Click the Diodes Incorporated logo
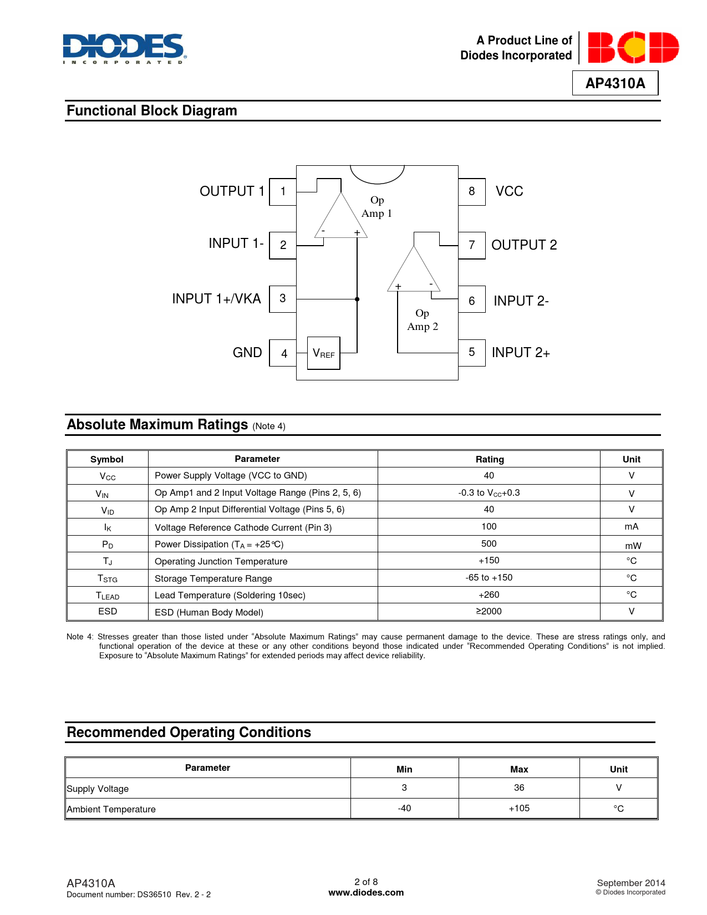click(124, 49)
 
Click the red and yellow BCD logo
click(633, 48)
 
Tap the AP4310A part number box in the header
click(615, 83)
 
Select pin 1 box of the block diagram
click(283, 192)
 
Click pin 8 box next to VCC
click(472, 192)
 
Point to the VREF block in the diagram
click(324, 353)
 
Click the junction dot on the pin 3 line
click(357, 299)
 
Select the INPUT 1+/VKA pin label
click(216, 299)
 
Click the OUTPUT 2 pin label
click(524, 245)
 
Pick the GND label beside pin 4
click(247, 353)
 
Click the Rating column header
click(490, 459)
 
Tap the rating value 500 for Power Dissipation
click(489, 544)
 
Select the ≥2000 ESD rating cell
click(489, 611)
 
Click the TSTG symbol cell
click(108, 578)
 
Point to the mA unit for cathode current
click(631, 527)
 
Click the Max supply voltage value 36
click(519, 788)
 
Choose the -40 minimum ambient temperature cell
click(404, 809)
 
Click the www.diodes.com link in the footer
click(366, 893)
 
